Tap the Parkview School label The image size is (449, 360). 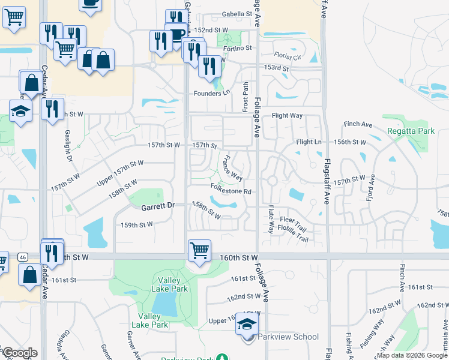[288, 337]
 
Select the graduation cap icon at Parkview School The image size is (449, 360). [247, 323]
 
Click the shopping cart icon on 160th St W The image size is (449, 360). [199, 249]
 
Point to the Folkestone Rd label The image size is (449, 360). [231, 192]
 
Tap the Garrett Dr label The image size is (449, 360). [158, 206]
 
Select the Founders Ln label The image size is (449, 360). [212, 93]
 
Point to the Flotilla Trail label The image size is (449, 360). [294, 239]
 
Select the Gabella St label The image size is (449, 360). [232, 13]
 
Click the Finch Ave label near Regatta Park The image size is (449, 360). [358, 124]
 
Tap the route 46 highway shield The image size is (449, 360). [22, 257]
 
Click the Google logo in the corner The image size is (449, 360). [20, 353]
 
